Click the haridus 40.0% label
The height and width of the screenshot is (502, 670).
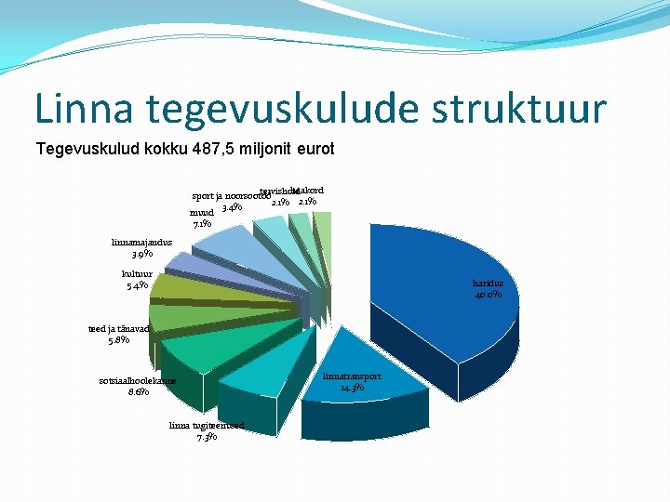click(x=487, y=289)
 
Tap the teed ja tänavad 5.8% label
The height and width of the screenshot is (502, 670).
click(x=118, y=335)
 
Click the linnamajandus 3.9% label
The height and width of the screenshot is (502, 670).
click(x=141, y=247)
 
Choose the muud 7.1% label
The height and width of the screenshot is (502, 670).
click(x=202, y=218)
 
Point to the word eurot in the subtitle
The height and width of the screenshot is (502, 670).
click(x=313, y=149)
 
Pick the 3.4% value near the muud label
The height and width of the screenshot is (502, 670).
click(x=233, y=207)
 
